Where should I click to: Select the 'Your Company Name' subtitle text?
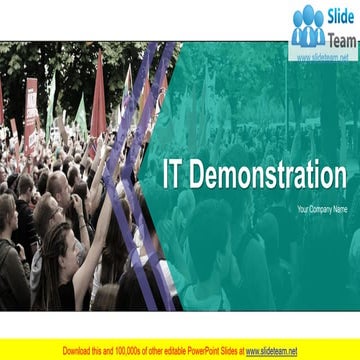coord(321,209)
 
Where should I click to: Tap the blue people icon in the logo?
coord(308,28)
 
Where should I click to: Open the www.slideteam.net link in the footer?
coord(271,351)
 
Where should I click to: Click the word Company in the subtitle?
coord(322,209)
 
